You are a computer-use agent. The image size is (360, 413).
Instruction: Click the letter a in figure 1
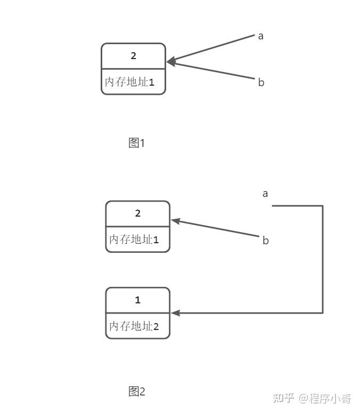pos(261,36)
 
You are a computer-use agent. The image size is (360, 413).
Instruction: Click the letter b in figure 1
pos(261,82)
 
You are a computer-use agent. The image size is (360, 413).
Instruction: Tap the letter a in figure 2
pos(265,193)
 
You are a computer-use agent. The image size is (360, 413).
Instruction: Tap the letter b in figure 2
pos(266,241)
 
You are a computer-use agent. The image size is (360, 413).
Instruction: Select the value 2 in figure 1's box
pos(134,55)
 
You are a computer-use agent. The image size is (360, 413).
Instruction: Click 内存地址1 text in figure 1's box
pos(129,82)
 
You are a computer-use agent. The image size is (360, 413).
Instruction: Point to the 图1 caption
pos(137,143)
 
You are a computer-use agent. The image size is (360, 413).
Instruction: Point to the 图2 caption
pos(137,392)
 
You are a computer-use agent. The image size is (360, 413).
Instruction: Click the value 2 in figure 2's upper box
pos(138,213)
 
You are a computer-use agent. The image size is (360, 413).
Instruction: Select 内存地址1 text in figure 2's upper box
pos(134,239)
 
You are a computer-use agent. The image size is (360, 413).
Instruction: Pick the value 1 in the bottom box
pos(138,300)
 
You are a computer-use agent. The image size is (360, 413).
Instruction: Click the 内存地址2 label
pos(134,326)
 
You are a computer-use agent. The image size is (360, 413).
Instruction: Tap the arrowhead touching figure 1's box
pos(170,62)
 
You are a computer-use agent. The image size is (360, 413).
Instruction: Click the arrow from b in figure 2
pos(218,228)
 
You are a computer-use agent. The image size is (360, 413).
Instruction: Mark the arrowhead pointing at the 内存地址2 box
pos(175,313)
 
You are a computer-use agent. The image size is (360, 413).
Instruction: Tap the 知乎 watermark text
pos(283,398)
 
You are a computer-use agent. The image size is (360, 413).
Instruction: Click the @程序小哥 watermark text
pos(325,398)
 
